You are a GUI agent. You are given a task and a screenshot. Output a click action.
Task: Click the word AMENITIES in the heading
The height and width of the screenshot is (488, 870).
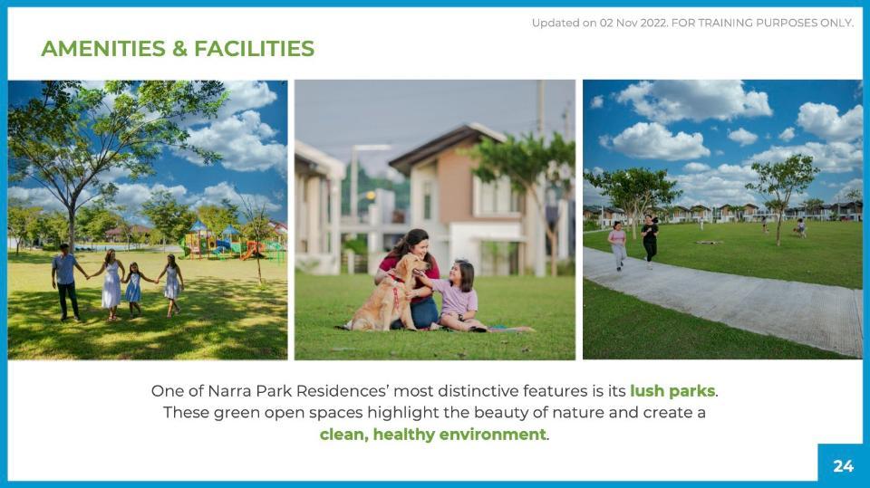click(103, 49)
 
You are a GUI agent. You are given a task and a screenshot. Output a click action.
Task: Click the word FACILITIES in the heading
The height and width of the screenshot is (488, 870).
click(254, 49)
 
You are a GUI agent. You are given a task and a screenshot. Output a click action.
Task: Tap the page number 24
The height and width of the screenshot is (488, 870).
click(843, 465)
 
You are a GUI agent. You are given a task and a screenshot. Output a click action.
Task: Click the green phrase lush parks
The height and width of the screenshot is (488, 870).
click(672, 391)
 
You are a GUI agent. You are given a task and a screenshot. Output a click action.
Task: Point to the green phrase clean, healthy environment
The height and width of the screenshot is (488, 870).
click(433, 435)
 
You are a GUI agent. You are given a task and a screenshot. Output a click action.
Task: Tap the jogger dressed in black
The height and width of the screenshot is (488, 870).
click(649, 242)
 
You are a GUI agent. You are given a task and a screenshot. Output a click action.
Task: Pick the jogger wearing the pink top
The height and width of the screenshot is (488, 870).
click(617, 245)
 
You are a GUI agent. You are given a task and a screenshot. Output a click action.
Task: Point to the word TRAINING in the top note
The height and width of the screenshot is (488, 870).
click(726, 23)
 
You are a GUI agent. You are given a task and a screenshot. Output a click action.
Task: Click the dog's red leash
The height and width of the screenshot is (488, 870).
click(396, 292)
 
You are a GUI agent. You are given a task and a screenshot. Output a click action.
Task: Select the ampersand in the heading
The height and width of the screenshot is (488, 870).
click(179, 49)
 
